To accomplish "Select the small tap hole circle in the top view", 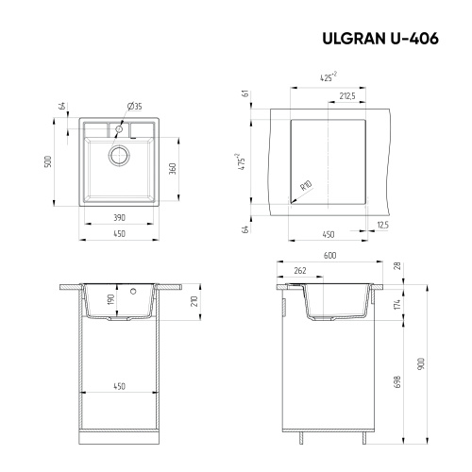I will click(121, 127).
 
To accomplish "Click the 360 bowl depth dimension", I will click(173, 168).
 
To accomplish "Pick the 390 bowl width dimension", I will click(120, 217).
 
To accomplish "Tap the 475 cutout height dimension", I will click(241, 161).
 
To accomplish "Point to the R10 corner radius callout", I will click(306, 187).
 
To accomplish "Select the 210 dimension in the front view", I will click(194, 302).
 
